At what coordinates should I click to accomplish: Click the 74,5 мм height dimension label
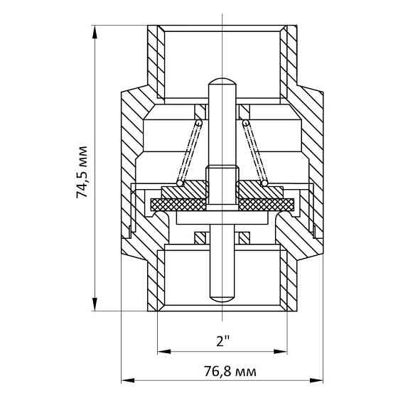click(82, 172)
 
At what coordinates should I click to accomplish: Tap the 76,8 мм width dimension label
click(230, 372)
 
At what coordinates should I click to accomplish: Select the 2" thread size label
click(223, 341)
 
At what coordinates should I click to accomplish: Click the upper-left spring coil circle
click(199, 123)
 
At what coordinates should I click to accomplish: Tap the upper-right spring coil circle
click(245, 123)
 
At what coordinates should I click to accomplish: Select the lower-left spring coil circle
click(180, 183)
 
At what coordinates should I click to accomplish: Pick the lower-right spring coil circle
click(264, 183)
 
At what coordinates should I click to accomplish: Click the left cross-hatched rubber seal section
click(178, 205)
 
